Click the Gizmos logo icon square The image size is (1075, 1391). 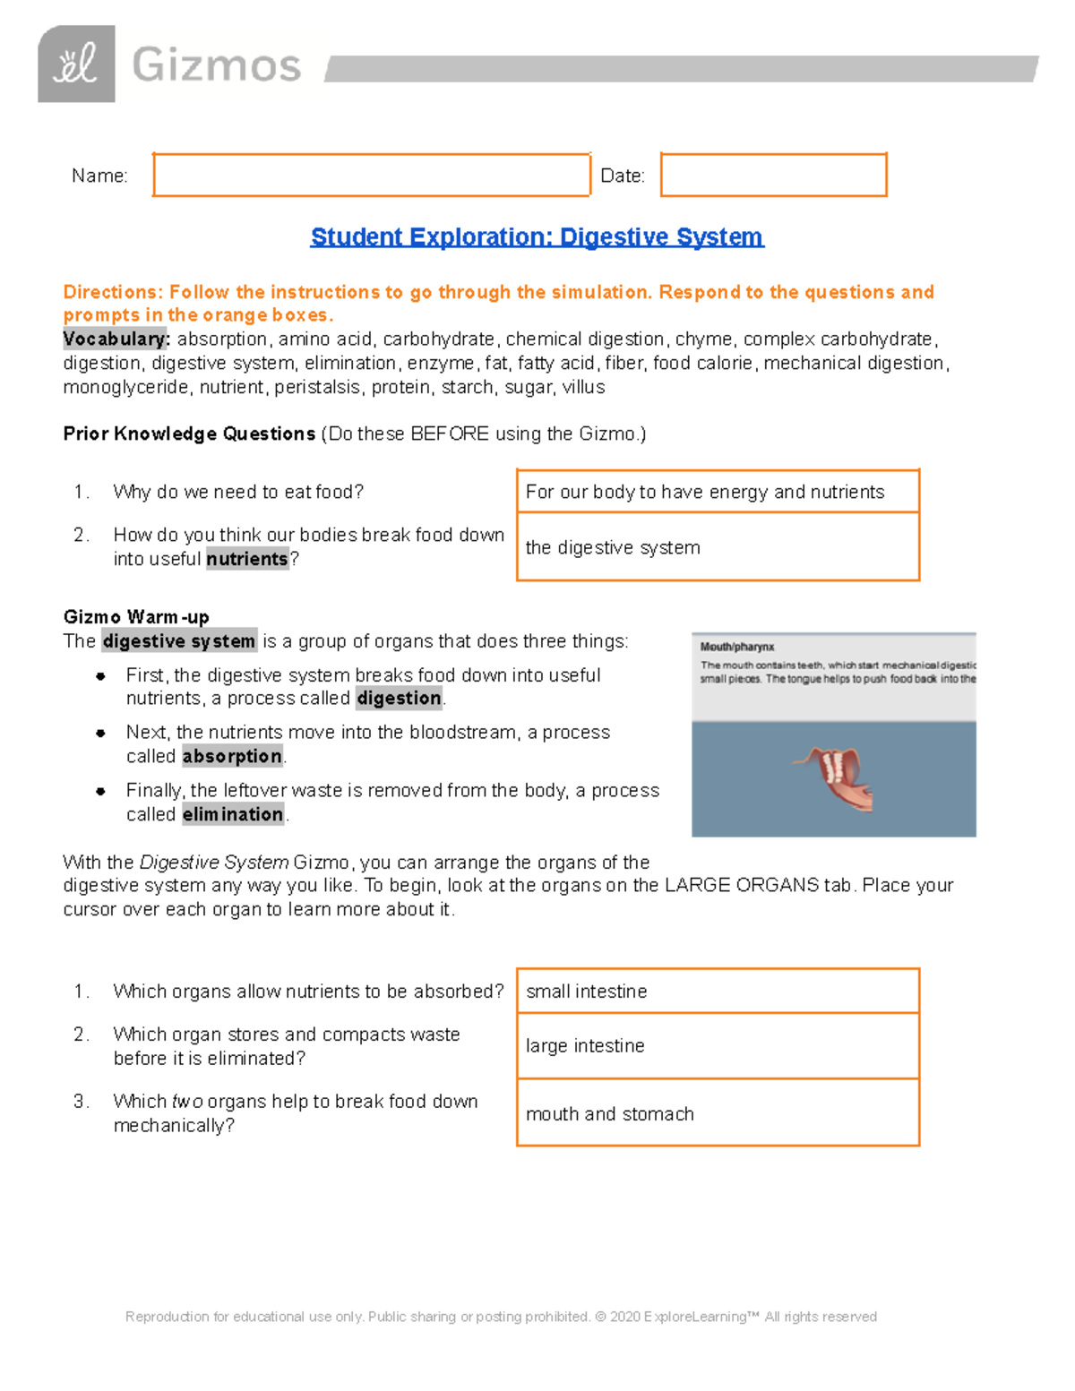coord(76,64)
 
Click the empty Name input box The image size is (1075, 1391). coord(371,175)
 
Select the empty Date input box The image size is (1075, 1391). coord(773,175)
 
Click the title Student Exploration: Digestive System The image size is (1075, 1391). coord(537,236)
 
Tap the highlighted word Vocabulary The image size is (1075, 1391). coord(116,339)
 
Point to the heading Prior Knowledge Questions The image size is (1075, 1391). coord(189,434)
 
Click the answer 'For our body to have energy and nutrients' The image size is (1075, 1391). coord(704,492)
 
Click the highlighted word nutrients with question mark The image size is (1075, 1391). coord(247,559)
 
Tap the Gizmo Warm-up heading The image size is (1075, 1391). coord(136,617)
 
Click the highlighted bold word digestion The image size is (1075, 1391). coord(399,699)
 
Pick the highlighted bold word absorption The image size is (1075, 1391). coord(232,757)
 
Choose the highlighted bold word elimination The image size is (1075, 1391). coord(233,814)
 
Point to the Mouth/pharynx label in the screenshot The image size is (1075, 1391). coord(736,647)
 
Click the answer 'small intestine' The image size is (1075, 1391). coord(586,992)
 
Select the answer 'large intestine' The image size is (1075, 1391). coord(585,1046)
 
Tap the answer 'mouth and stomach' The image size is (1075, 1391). coord(609,1114)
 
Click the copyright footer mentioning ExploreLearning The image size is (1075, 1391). coord(501,1317)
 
